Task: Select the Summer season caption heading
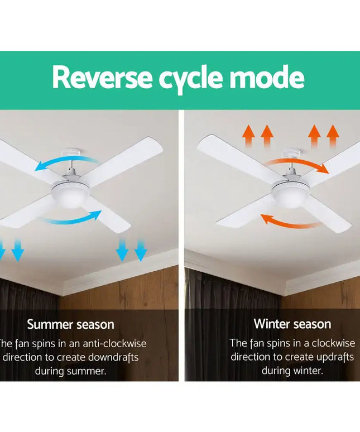click(70, 324)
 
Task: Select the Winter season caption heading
click(292, 324)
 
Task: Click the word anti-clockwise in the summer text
click(109, 344)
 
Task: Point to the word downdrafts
click(112, 357)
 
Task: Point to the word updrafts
click(332, 357)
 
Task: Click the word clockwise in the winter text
click(333, 343)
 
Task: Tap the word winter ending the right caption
click(310, 371)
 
